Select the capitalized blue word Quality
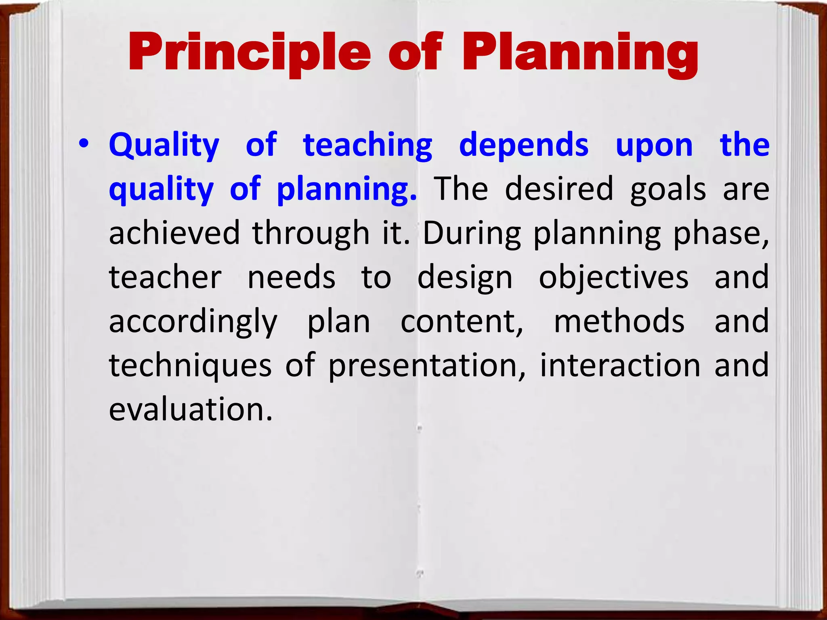click(164, 145)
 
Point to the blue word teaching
click(368, 145)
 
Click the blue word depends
click(524, 145)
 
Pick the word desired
click(559, 189)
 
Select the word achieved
click(174, 233)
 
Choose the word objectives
click(614, 278)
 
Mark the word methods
click(619, 321)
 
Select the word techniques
click(190, 366)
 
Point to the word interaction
click(620, 365)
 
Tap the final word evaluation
click(191, 409)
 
